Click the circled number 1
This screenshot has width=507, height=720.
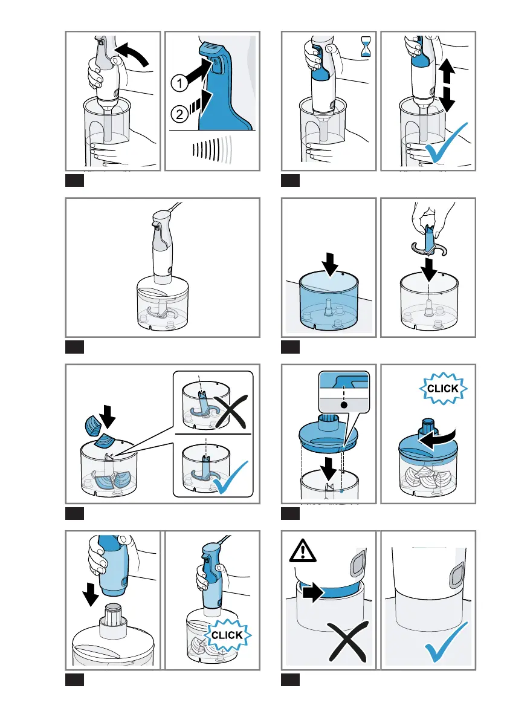pyautogui.click(x=179, y=83)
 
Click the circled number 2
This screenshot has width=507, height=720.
pyautogui.click(x=179, y=114)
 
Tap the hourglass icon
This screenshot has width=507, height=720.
pyautogui.click(x=366, y=47)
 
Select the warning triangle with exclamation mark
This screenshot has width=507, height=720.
pyautogui.click(x=302, y=551)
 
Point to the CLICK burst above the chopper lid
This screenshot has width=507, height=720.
pyautogui.click(x=443, y=389)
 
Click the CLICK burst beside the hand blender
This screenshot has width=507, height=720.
pyautogui.click(x=227, y=635)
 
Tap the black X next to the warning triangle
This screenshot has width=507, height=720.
pyautogui.click(x=347, y=641)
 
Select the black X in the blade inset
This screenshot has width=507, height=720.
pyautogui.click(x=231, y=412)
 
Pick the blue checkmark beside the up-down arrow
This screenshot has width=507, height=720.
pyautogui.click(x=446, y=143)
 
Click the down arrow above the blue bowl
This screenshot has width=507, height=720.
pyautogui.click(x=330, y=264)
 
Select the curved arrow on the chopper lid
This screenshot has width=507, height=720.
pyautogui.click(x=438, y=440)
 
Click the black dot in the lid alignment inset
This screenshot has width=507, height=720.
pyautogui.click(x=344, y=405)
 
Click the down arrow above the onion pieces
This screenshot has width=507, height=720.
pyautogui.click(x=108, y=416)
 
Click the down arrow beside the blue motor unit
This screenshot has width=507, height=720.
pyautogui.click(x=91, y=594)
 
